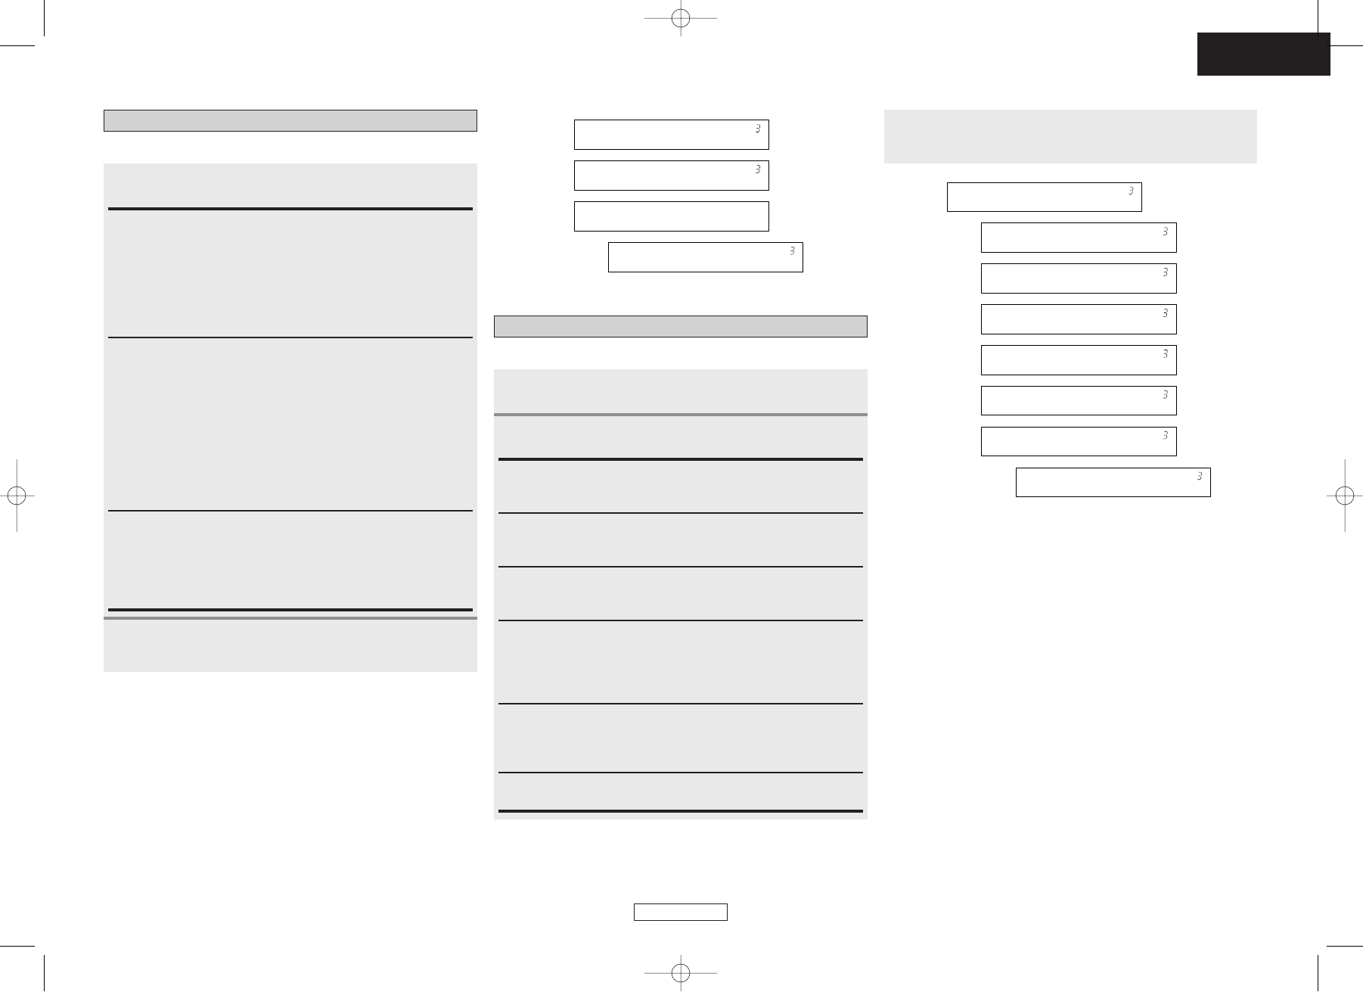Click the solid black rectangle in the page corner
pyautogui.click(x=1263, y=54)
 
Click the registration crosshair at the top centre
pyautogui.click(x=681, y=19)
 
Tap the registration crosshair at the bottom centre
pyautogui.click(x=681, y=972)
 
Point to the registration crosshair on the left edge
pyautogui.click(x=17, y=495)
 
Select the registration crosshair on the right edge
pyautogui.click(x=1344, y=495)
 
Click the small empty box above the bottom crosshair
pyautogui.click(x=680, y=912)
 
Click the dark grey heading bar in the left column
pyautogui.click(x=290, y=121)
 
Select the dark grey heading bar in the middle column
pyautogui.click(x=680, y=326)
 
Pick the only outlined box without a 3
pyautogui.click(x=671, y=216)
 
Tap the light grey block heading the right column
pyautogui.click(x=1070, y=136)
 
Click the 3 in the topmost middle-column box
pyautogui.click(x=757, y=129)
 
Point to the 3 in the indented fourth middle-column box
pyautogui.click(x=792, y=251)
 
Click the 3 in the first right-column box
pyautogui.click(x=1131, y=191)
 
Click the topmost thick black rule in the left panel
pyautogui.click(x=290, y=208)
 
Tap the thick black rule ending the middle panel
pyautogui.click(x=680, y=811)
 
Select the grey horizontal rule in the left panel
pyautogui.click(x=290, y=618)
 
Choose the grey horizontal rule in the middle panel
pyautogui.click(x=680, y=415)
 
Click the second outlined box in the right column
pyautogui.click(x=1078, y=238)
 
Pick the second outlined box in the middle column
pyautogui.click(x=671, y=176)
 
